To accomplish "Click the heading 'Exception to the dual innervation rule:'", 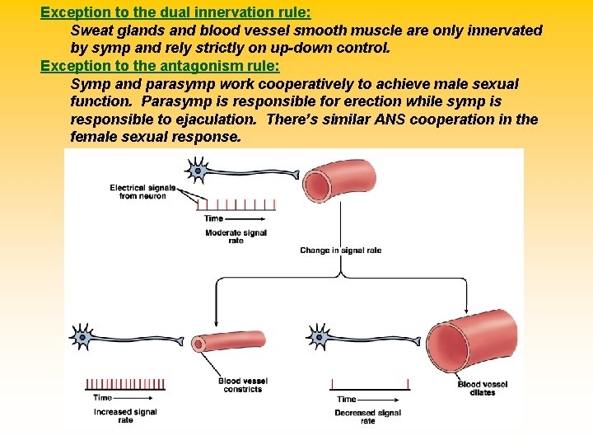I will point(175,12).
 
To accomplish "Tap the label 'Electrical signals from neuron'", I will point(142,192).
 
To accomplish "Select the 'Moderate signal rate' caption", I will point(236,237).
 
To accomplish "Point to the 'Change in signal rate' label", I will point(340,251).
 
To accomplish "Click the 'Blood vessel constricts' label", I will point(242,385).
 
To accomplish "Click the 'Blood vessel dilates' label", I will point(483,389).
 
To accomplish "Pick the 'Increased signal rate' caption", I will point(125,415).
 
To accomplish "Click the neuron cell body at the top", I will point(198,172).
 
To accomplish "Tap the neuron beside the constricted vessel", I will point(83,336).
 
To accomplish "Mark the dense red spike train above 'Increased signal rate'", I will point(123,384).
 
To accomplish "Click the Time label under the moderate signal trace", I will point(214,218).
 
